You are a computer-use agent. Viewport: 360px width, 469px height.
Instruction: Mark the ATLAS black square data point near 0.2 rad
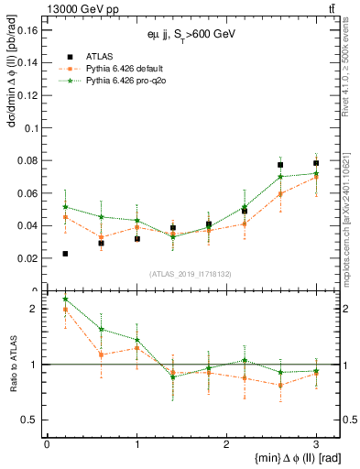(65, 254)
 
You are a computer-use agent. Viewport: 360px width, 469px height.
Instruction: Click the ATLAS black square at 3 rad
(316, 163)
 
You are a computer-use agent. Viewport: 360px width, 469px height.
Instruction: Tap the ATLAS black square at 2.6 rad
(280, 165)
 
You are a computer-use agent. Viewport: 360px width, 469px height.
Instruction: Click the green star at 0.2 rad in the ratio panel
(65, 300)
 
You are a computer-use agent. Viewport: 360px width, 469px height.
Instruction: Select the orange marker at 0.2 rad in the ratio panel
(65, 310)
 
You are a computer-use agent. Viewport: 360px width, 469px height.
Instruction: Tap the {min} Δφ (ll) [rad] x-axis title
(280, 458)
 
